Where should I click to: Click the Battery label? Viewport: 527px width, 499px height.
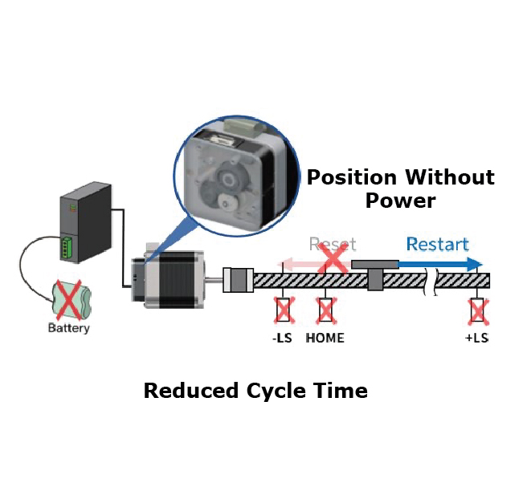coord(69,328)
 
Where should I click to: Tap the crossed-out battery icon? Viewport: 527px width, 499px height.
coord(68,301)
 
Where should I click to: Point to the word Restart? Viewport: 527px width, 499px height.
coord(437,244)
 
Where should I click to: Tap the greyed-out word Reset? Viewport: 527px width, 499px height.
coord(332,244)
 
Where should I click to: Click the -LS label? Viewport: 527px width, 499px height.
coord(282,338)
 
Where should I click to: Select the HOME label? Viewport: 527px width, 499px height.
coord(325,338)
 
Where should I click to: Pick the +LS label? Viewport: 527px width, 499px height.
coord(476,338)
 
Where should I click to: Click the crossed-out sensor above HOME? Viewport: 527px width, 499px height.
coord(325,310)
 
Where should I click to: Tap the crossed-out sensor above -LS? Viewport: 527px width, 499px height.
coord(283,310)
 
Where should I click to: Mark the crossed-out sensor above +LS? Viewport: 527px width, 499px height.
coord(478,310)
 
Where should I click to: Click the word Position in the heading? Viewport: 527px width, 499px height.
coord(352,176)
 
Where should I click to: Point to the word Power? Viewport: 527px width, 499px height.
coord(400,200)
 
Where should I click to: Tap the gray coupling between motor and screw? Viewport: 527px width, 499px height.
coord(238,280)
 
